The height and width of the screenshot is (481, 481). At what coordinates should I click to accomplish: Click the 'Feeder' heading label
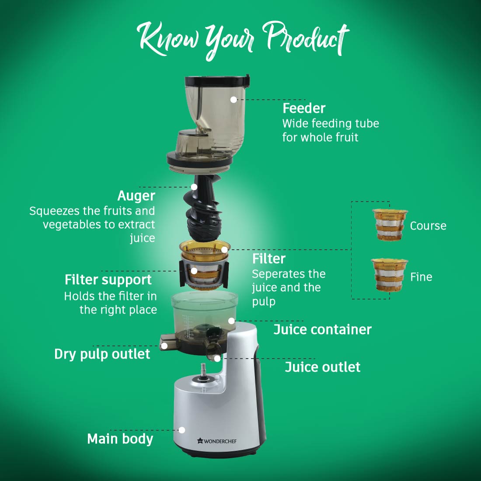[304, 108]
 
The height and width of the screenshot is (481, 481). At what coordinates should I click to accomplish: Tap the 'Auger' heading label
[136, 196]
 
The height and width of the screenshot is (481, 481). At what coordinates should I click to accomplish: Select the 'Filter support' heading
[108, 280]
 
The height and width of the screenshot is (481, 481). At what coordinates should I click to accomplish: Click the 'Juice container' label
[322, 330]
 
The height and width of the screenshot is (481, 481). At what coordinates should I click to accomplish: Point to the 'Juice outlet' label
[323, 367]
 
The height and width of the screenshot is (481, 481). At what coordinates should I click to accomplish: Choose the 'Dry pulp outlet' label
[102, 354]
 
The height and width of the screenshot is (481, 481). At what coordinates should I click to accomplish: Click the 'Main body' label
[120, 439]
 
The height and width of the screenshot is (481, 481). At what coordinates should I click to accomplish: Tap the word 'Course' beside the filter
[428, 226]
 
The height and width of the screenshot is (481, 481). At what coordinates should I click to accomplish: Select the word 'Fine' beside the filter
[421, 277]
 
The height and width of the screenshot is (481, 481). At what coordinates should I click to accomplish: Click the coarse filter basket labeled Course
[390, 224]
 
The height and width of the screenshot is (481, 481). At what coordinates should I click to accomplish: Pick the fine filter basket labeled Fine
[389, 275]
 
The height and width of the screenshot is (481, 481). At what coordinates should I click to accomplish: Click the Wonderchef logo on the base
[217, 441]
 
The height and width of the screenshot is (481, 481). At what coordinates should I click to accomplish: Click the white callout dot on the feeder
[234, 100]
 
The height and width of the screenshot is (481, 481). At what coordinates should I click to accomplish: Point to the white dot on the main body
[182, 430]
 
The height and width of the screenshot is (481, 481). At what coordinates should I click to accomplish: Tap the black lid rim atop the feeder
[216, 81]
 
